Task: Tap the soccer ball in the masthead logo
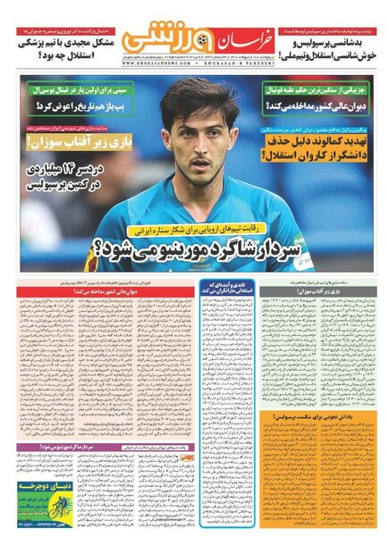195,39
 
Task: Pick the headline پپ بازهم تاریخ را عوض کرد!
71,107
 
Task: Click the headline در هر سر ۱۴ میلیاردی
71,179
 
